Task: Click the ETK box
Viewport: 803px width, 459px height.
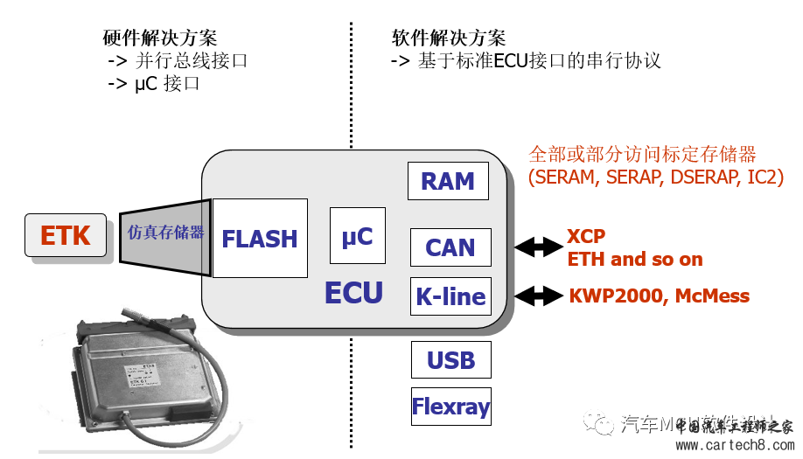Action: click(66, 235)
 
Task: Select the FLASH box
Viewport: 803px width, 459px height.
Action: click(260, 239)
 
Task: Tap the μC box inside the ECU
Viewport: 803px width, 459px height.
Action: click(357, 236)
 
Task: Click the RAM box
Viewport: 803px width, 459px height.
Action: click(449, 181)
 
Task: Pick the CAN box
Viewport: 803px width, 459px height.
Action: click(450, 247)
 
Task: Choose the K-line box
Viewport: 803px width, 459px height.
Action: click(450, 296)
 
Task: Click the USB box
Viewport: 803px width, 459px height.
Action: click(450, 359)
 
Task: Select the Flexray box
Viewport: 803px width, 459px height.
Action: click(450, 407)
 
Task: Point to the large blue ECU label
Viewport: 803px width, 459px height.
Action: click(353, 292)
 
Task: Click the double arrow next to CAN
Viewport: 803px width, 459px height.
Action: click(539, 247)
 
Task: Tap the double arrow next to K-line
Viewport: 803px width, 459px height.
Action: click(539, 296)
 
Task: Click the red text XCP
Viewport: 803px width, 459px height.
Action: click(586, 236)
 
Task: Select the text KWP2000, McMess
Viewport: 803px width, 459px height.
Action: click(660, 296)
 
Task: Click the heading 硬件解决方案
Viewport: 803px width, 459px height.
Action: click(160, 38)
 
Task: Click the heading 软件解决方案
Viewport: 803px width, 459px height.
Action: click(449, 38)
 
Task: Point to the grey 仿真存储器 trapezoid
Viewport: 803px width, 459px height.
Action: click(164, 233)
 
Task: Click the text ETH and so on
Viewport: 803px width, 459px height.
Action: click(635, 259)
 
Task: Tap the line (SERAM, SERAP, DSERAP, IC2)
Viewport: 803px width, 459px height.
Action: click(655, 177)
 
